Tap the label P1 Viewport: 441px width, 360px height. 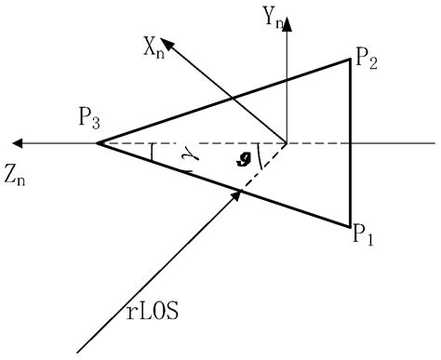363,234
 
